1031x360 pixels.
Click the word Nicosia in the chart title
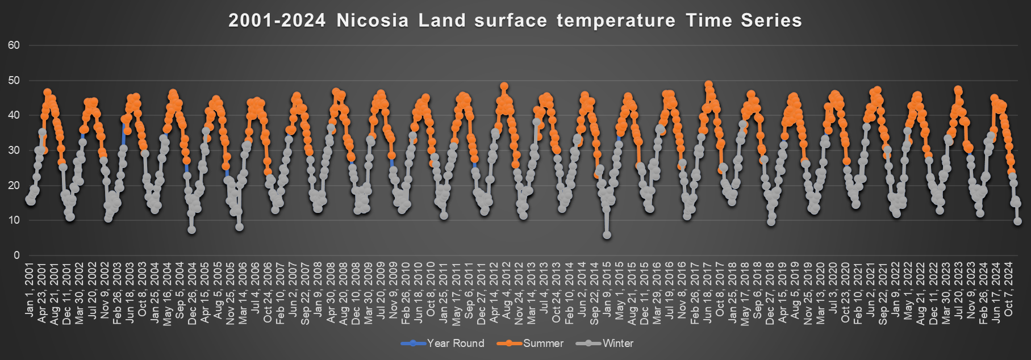(x=372, y=20)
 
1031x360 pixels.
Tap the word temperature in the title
(x=616, y=20)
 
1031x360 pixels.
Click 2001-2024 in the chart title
(x=277, y=20)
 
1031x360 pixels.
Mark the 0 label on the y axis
(x=16, y=256)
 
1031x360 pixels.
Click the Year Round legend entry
(x=443, y=343)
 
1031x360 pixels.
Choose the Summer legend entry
(x=530, y=343)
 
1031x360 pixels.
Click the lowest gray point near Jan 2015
(x=607, y=235)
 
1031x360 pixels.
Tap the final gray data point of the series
(x=1017, y=221)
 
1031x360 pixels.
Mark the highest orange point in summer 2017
(x=708, y=85)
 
